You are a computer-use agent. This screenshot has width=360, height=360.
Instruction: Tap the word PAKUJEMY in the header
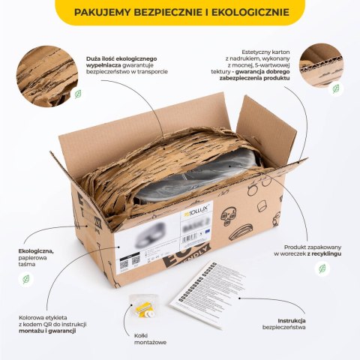click(108, 13)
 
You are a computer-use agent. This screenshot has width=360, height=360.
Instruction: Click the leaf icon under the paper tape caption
click(26, 278)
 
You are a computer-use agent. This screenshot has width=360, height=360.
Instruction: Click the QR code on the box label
click(135, 259)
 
